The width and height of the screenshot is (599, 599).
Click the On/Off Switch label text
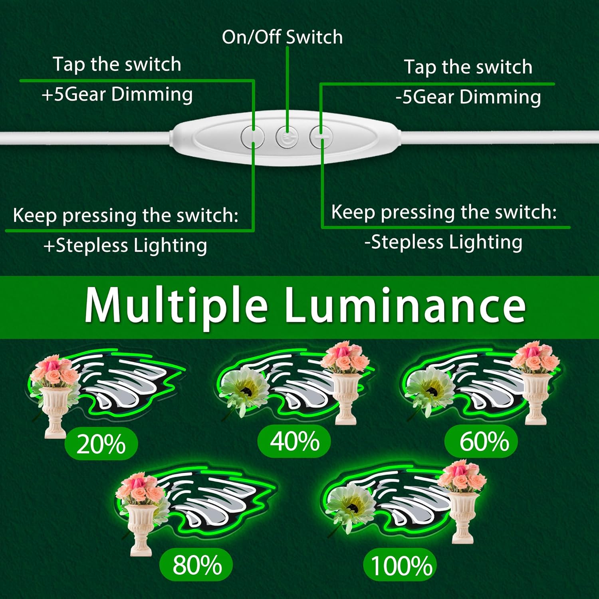coord(282,37)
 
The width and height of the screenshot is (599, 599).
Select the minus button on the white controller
coord(321,137)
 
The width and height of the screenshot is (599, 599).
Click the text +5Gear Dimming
coord(117,95)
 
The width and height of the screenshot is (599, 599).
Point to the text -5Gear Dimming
coord(468,97)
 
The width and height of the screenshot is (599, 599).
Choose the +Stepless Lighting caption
coord(125,245)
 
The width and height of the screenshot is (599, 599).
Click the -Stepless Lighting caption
coord(443,242)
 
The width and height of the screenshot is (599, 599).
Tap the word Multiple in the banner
coord(176,305)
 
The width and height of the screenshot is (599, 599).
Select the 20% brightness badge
coord(101,444)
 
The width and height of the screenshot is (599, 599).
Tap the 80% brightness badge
coord(196,564)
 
